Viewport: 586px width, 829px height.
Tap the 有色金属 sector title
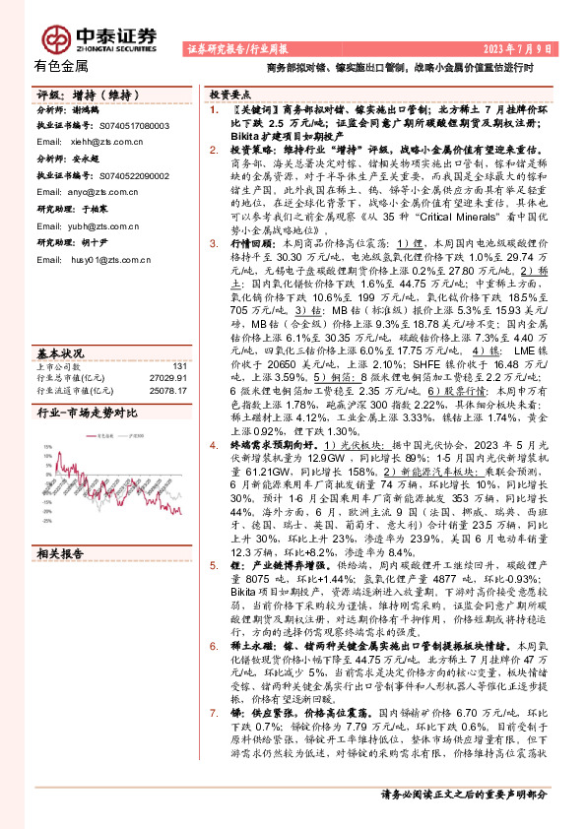coord(61,67)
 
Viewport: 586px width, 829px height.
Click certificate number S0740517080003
coord(136,126)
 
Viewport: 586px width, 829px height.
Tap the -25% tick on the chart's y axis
coord(45,522)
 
